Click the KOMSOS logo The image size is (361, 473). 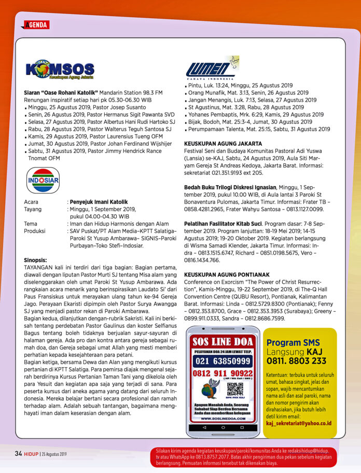[x=60, y=71]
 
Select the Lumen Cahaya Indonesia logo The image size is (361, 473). [x=211, y=68]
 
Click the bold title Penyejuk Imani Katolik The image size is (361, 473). [x=99, y=202]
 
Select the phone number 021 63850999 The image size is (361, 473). [x=222, y=360]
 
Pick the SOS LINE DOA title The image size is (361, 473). [x=223, y=342]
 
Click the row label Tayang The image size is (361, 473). [x=34, y=209]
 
